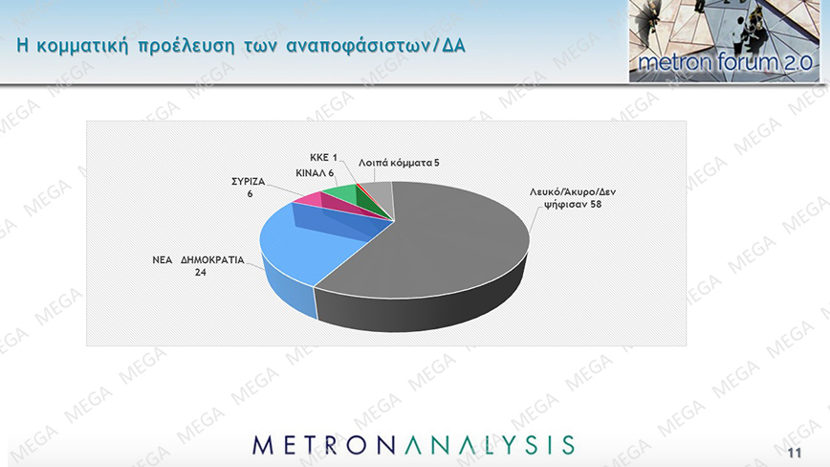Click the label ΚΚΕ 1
323,158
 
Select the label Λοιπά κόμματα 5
399,163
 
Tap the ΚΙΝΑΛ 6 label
315,173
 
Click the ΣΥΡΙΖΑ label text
249,182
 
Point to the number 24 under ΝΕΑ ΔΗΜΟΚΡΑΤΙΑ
200,273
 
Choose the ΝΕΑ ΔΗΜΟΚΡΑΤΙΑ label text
199,260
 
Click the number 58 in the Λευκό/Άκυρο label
596,204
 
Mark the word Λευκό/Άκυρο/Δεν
573,191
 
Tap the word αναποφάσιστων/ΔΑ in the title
376,46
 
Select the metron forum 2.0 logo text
725,62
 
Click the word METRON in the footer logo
328,445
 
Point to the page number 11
795,454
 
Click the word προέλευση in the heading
186,46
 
